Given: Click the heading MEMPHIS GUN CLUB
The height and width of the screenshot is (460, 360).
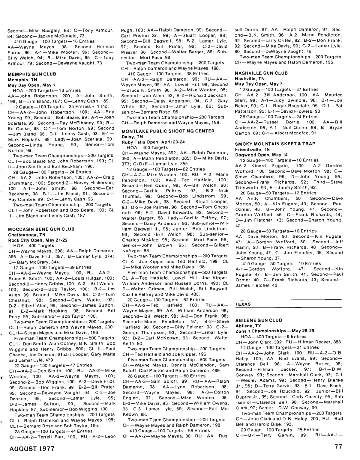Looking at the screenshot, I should pos(32,74).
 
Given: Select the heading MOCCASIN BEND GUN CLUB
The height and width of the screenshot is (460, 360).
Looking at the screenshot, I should pos(41,229).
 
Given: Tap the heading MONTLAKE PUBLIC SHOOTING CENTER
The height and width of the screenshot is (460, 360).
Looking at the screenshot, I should pos(168,131).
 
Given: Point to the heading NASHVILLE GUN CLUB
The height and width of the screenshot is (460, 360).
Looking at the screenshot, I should pos(261,73).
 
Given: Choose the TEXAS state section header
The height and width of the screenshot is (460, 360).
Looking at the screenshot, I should pos(243,304).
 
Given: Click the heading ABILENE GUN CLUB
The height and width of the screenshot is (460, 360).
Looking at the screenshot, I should pos(259,320).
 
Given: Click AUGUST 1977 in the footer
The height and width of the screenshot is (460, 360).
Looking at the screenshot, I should pos(32,449).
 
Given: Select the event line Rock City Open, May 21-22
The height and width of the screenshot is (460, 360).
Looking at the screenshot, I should pos(37,240).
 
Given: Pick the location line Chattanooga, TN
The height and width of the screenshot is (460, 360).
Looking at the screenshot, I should pos(27,235).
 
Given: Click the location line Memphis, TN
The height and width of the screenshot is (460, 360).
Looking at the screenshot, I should pos(22,79).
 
